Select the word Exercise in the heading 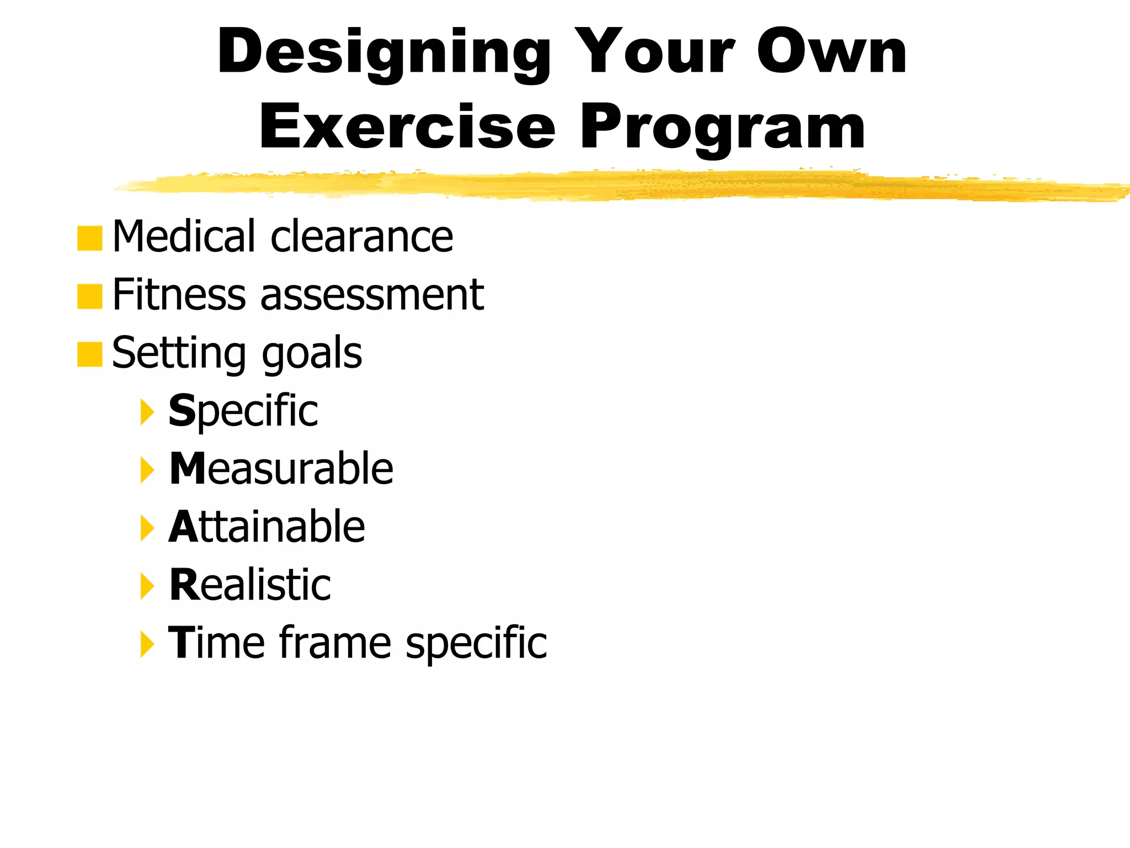tap(407, 128)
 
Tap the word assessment tap(372, 295)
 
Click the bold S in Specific tap(182, 411)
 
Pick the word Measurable tap(281, 469)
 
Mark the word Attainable tap(267, 527)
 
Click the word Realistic tap(250, 585)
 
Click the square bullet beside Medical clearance tap(90, 239)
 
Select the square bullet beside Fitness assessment tap(90, 296)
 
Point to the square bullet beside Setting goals tap(90, 354)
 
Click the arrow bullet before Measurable tap(147, 470)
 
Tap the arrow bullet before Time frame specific tap(147, 644)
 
